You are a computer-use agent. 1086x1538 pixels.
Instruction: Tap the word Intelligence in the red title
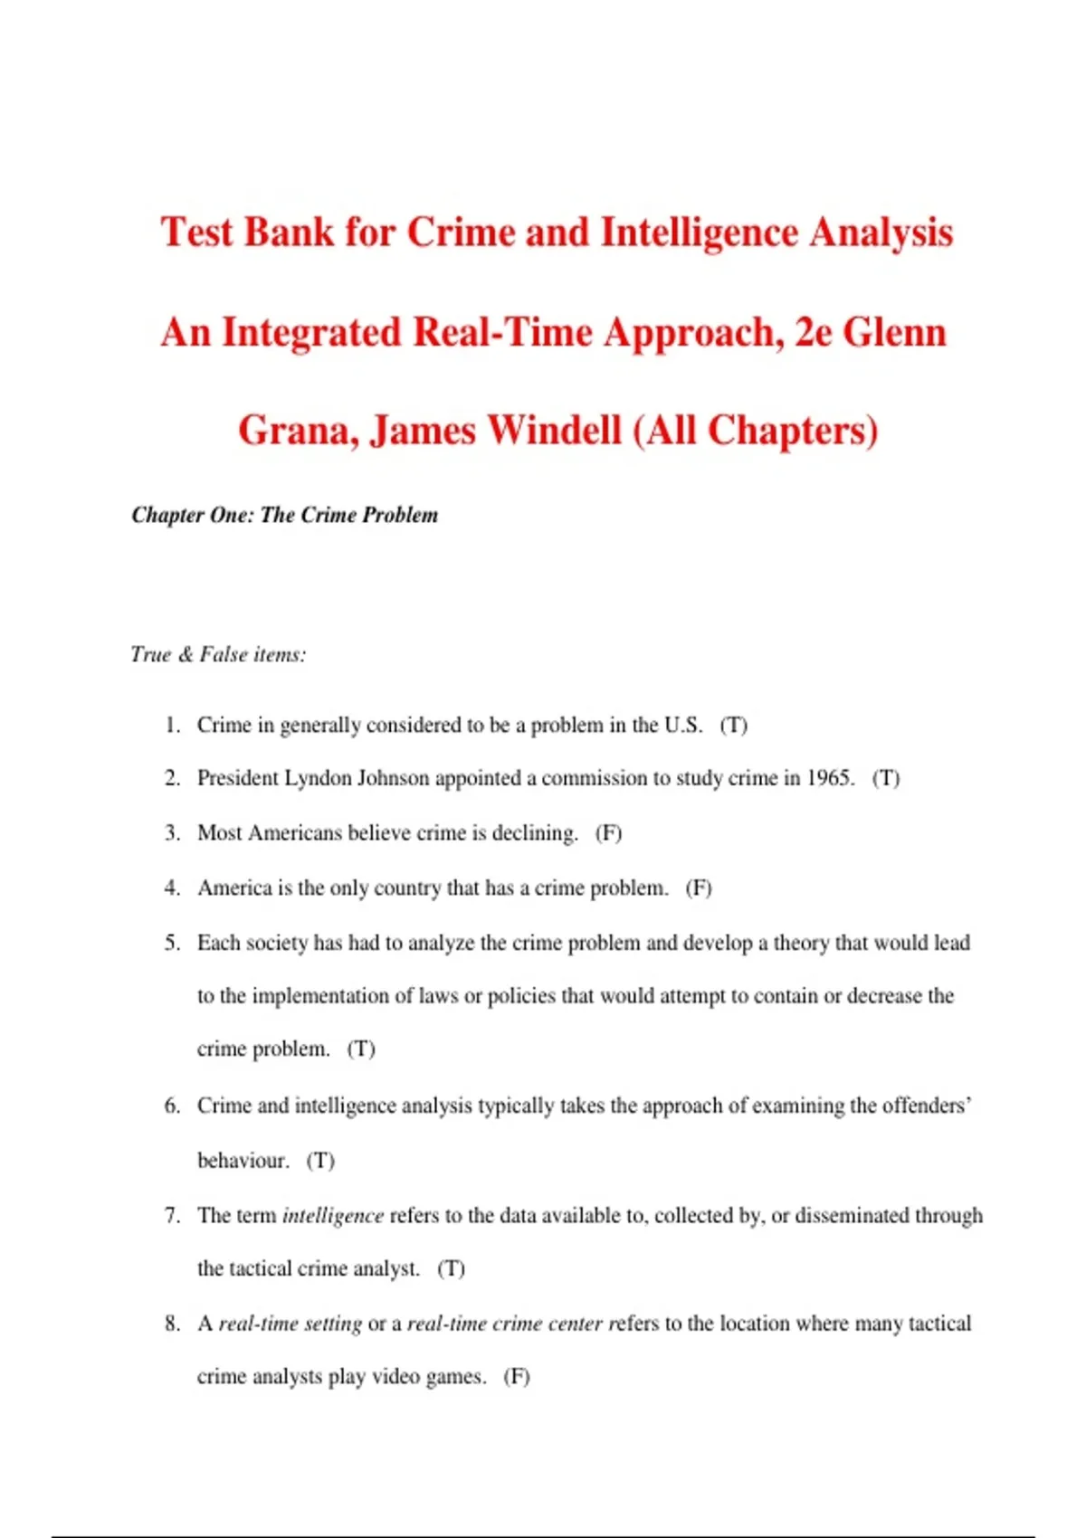[x=699, y=233]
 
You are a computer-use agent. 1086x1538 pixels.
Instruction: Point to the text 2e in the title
[x=813, y=332]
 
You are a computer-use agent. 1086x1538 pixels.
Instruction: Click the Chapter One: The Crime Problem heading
[x=284, y=515]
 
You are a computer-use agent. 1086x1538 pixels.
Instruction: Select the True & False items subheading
[x=218, y=654]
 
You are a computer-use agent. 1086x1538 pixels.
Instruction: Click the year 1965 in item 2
[x=830, y=778]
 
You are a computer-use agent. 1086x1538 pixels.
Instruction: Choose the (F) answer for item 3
[x=608, y=832]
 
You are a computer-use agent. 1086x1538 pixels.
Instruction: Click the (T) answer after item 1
[x=733, y=725]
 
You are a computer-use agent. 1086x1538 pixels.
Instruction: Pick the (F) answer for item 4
[x=699, y=888]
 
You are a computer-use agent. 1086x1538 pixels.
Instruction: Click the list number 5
[x=172, y=943]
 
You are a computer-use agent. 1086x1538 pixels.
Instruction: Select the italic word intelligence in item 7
[x=333, y=1215]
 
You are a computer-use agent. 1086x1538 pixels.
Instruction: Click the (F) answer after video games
[x=517, y=1376]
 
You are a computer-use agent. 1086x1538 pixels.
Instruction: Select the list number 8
[x=172, y=1324]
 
